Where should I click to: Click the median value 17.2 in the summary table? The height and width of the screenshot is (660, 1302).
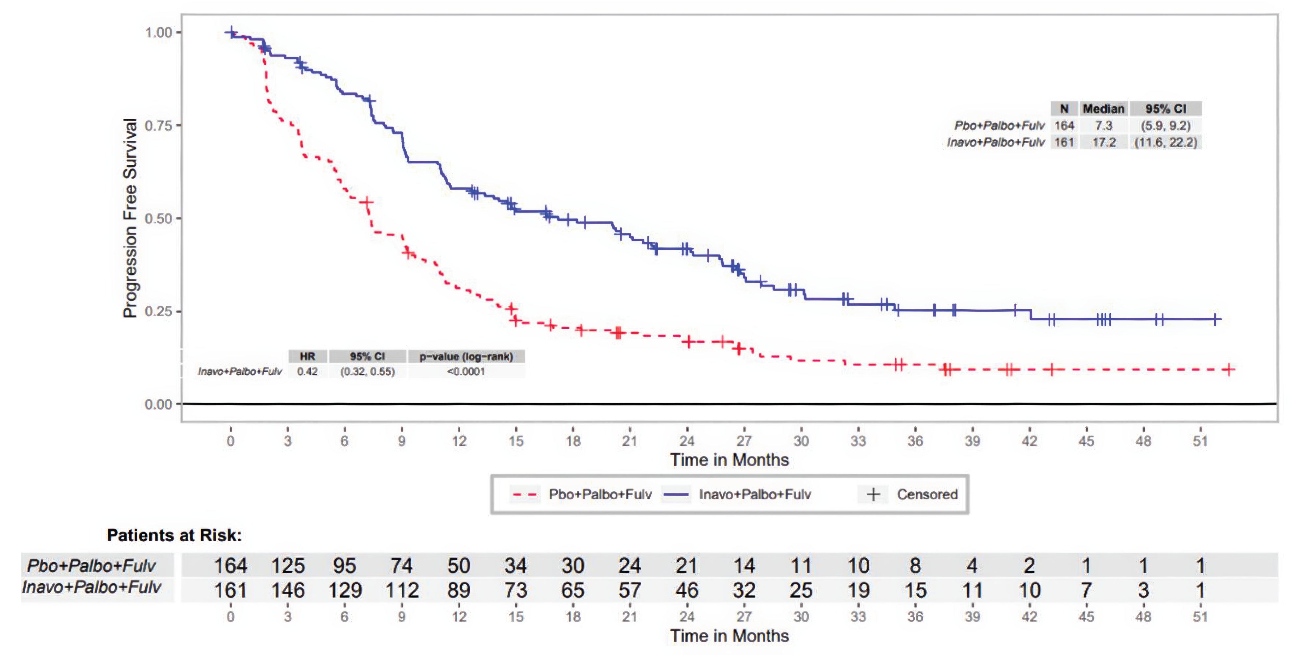point(1103,143)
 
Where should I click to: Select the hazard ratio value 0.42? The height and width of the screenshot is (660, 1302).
point(307,371)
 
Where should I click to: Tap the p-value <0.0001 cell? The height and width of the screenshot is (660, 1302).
point(466,371)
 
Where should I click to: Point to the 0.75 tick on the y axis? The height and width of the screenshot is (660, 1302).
point(159,125)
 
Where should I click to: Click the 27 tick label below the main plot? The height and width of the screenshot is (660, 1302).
point(743,441)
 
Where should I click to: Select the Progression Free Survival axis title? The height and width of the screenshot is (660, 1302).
point(130,218)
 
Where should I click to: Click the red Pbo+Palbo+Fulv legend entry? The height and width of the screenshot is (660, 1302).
point(581,494)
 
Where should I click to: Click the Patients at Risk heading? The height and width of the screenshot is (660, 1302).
point(174,535)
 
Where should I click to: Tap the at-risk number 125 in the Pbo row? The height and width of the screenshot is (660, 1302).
point(288,565)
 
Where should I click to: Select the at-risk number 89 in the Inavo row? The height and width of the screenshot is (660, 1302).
point(458,590)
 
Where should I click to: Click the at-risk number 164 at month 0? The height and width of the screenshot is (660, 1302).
point(230,565)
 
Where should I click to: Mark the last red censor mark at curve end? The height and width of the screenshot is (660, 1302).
point(1229,369)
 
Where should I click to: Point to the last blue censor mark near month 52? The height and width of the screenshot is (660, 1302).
point(1216,319)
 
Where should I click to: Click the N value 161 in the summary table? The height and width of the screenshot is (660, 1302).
point(1064,143)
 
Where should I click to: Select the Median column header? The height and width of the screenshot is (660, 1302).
point(1103,109)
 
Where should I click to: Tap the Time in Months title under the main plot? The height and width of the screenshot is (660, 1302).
point(729,460)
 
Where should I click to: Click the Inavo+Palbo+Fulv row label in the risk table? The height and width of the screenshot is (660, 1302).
point(91,587)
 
